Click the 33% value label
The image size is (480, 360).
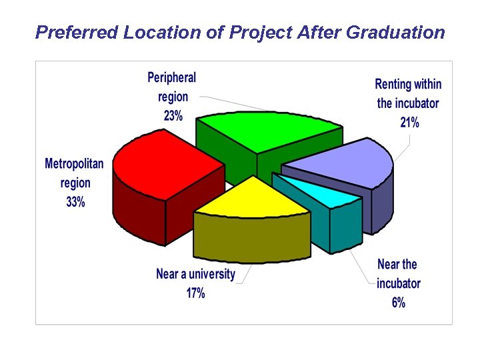pyautogui.click(x=75, y=202)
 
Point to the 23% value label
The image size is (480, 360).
pyautogui.click(x=173, y=115)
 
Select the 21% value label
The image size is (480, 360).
pyautogui.click(x=409, y=122)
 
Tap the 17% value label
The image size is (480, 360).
pyautogui.click(x=195, y=293)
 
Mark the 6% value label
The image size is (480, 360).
pyautogui.click(x=398, y=303)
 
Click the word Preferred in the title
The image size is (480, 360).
pyautogui.click(x=77, y=32)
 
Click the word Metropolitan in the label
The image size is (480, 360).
pyautogui.click(x=74, y=163)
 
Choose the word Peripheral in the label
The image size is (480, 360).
pyautogui.click(x=171, y=78)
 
